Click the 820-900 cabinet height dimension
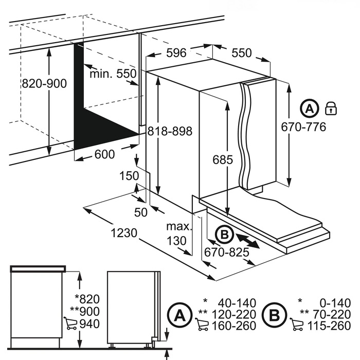pyautogui.click(x=44, y=83)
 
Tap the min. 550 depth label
pyautogui.click(x=113, y=74)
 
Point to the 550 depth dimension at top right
pyautogui.click(x=241, y=53)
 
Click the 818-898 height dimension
pyautogui.click(x=169, y=132)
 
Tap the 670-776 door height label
pyautogui.click(x=303, y=127)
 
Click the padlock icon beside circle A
pyautogui.click(x=330, y=109)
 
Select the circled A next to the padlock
pyautogui.click(x=309, y=109)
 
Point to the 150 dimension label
pyautogui.click(x=130, y=176)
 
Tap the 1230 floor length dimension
pyautogui.click(x=123, y=232)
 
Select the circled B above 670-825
pyautogui.click(x=223, y=235)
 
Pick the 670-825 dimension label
pyautogui.click(x=227, y=252)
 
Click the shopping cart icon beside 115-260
pyautogui.click(x=297, y=325)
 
